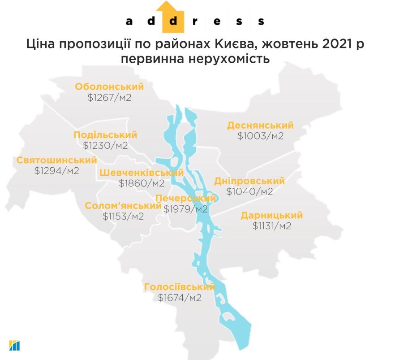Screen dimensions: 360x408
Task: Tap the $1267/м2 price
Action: point(109,98)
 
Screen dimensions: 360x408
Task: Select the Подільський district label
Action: point(105,135)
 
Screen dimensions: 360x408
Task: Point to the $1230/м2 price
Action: point(105,146)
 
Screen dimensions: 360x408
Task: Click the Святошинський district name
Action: point(56,160)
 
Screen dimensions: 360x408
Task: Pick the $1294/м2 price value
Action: point(56,171)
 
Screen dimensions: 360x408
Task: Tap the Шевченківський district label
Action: point(142,173)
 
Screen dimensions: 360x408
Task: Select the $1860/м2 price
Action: point(142,183)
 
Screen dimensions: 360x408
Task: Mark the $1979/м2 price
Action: point(185,209)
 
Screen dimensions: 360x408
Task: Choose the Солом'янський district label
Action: point(123,206)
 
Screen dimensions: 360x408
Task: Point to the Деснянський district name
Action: point(260,125)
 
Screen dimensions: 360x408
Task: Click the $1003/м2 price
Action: point(260,136)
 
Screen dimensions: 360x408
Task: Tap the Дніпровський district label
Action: point(249,181)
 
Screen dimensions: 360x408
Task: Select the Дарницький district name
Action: point(271,215)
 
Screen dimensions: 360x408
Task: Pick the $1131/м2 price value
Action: point(271,226)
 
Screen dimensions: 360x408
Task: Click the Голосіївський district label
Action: point(179,286)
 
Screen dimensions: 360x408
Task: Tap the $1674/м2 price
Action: point(179,297)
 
